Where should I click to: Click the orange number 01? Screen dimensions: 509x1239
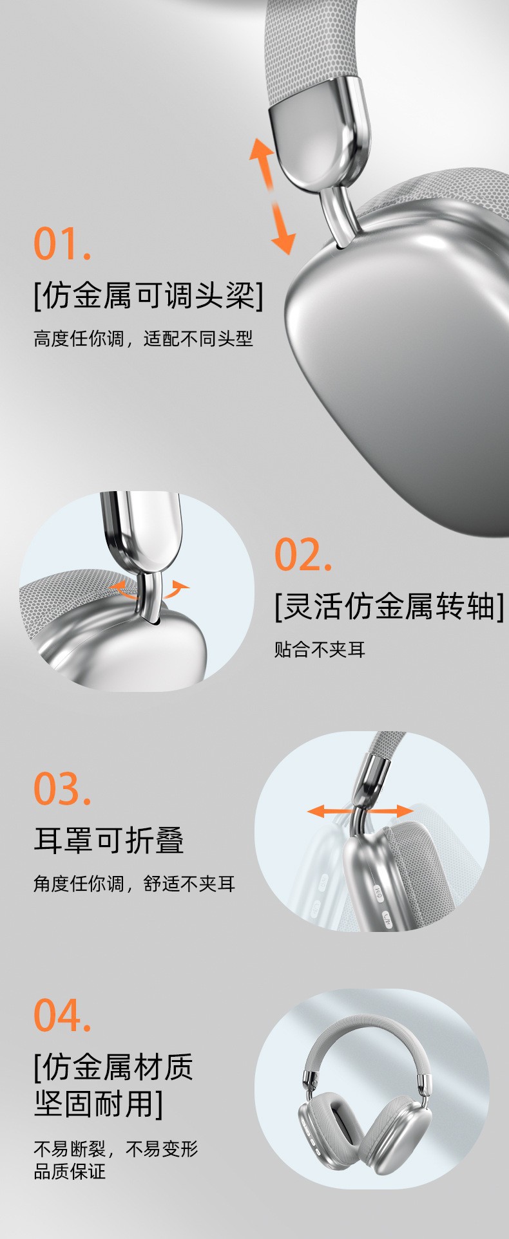point(62,243)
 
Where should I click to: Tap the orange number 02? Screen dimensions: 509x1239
point(303,554)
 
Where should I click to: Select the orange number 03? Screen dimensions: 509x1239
point(62,788)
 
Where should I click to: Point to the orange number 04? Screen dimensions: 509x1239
point(62,1015)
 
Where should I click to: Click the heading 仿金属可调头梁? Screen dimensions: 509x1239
point(149,296)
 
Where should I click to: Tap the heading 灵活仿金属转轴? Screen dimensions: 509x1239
point(389,606)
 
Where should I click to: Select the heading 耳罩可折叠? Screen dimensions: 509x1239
point(109,841)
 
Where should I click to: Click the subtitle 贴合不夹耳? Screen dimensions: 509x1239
point(320,649)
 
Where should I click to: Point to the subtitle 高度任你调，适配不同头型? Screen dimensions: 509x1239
point(143,339)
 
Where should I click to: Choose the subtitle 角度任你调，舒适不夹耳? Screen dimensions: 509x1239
point(134,884)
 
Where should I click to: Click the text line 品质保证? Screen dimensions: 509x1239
point(70,1171)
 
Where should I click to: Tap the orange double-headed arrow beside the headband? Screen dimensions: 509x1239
point(273,196)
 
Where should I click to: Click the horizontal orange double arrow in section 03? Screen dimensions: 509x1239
point(360,811)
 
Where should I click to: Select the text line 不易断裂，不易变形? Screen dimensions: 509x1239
point(115,1148)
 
